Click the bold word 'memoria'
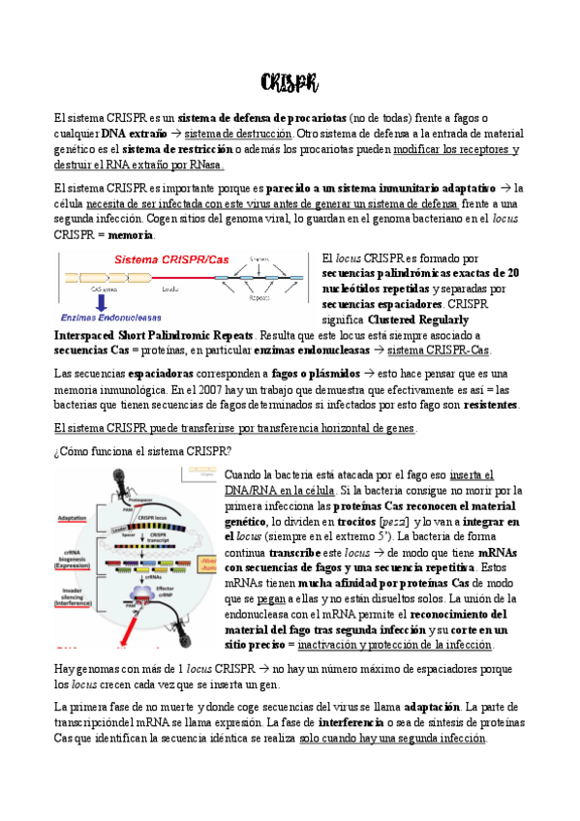tap(131, 234)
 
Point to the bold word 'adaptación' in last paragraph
tap(431, 721)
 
